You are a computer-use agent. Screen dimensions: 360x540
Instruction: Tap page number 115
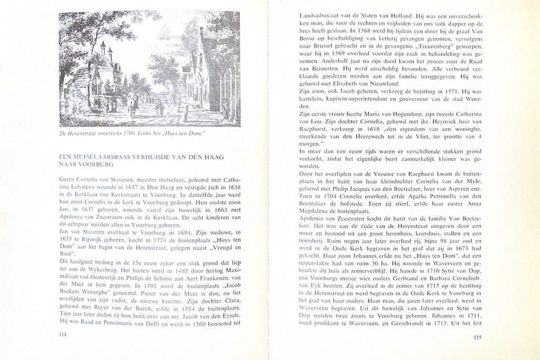(476, 337)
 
